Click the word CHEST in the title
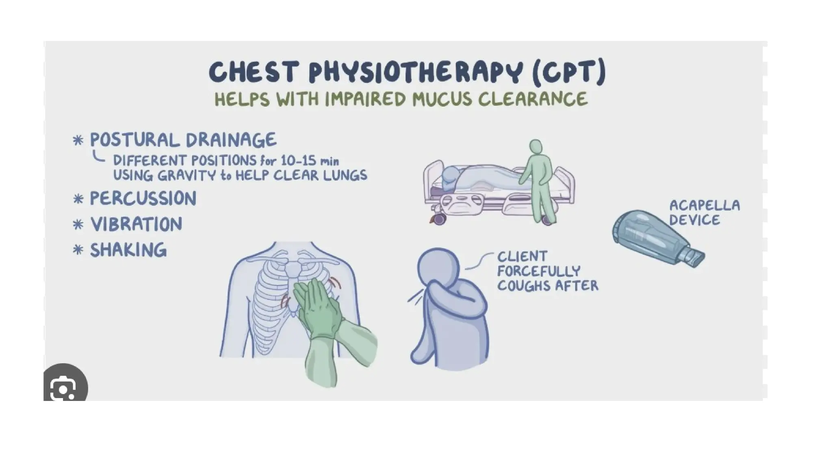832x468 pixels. tap(254, 72)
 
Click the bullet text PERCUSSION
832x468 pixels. tap(143, 199)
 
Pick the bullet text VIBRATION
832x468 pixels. tap(136, 224)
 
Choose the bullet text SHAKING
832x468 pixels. tap(128, 250)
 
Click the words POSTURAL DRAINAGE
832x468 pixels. tap(183, 140)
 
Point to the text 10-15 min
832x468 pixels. tap(310, 160)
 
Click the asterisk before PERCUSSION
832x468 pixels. tap(78, 199)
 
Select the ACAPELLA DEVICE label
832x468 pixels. tap(704, 212)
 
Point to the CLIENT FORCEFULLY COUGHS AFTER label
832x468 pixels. tap(548, 271)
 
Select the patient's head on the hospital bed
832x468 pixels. tap(450, 176)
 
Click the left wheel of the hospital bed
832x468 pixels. tap(439, 219)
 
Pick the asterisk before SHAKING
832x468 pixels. tap(78, 249)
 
